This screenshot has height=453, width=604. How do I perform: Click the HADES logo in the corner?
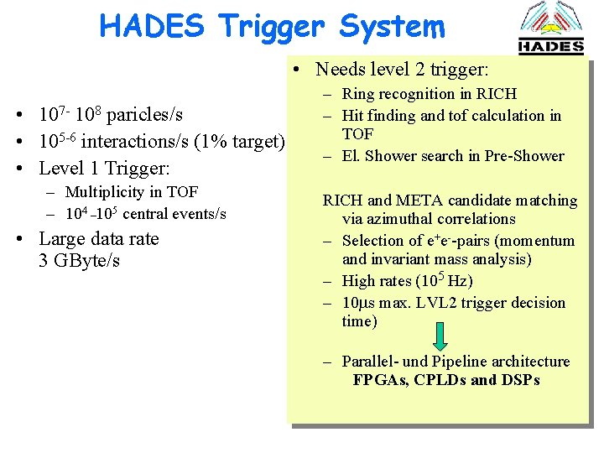(550, 29)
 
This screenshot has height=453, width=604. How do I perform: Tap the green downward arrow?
(441, 336)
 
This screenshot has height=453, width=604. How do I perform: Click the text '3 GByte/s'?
(79, 261)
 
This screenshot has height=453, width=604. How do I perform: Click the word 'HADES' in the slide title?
(151, 26)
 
